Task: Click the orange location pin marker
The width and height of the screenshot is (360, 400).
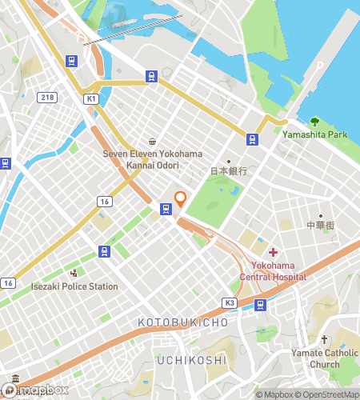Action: [181, 198]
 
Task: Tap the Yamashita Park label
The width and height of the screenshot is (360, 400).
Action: [314, 134]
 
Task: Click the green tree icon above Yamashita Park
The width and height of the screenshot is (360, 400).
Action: [314, 121]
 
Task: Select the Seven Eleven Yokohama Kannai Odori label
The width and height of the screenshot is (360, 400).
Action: [152, 158]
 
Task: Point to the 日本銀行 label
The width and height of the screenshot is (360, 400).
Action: [228, 170]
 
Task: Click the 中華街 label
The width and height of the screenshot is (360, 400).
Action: [321, 226]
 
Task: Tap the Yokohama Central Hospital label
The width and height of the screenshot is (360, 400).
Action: [274, 271]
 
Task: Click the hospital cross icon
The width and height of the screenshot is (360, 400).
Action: [274, 253]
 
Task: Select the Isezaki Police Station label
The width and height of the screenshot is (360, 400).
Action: [74, 286]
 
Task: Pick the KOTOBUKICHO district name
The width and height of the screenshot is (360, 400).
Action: [183, 322]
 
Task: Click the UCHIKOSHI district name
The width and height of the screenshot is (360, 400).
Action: [191, 360]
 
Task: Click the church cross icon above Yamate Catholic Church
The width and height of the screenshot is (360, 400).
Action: [324, 340]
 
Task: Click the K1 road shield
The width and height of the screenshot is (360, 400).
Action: [90, 98]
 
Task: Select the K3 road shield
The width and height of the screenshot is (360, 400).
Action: [230, 303]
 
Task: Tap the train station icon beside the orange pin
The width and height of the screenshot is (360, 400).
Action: [166, 210]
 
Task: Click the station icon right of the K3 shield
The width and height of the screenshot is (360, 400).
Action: [260, 305]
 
